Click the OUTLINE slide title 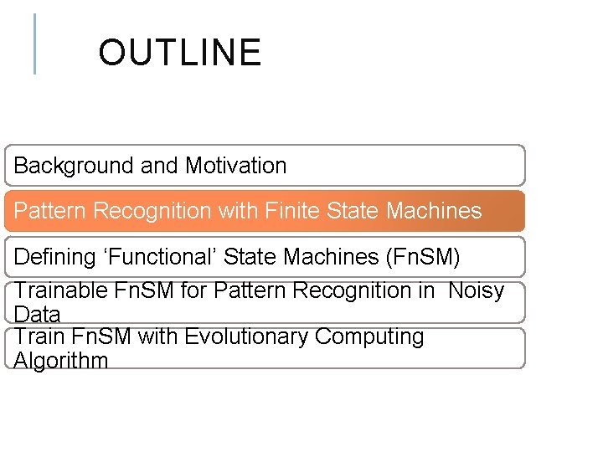[179, 53]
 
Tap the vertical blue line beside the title [34, 44]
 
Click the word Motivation [235, 166]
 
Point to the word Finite [294, 211]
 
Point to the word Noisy [476, 291]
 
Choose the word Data [37, 315]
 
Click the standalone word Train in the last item [38, 336]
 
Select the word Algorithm [61, 361]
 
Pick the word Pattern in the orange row [50, 211]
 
